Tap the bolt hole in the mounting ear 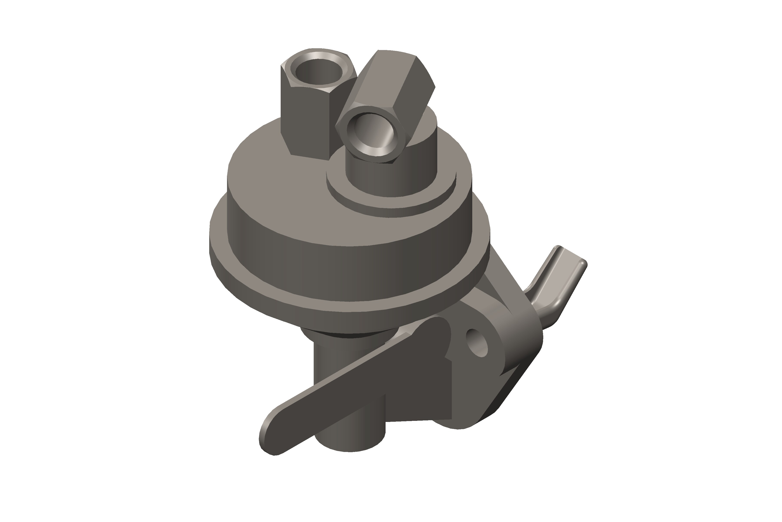coord(477,343)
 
